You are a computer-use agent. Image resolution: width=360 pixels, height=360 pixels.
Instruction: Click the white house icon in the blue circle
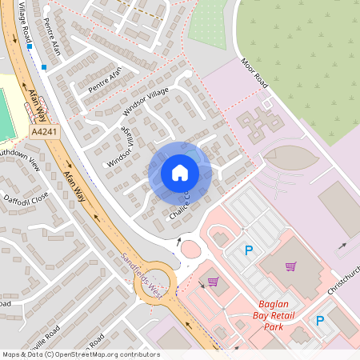click(180, 172)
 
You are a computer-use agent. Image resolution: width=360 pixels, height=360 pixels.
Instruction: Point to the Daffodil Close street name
click(26, 197)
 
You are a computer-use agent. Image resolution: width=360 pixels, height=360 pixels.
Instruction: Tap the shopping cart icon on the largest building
click(290, 266)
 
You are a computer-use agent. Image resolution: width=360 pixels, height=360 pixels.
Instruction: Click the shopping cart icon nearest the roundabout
click(213, 281)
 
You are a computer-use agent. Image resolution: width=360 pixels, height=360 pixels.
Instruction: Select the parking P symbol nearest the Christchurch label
click(320, 321)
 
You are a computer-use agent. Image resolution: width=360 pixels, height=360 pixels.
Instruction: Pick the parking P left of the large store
click(248, 251)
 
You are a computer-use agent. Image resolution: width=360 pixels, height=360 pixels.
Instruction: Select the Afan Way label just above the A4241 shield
click(38, 103)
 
